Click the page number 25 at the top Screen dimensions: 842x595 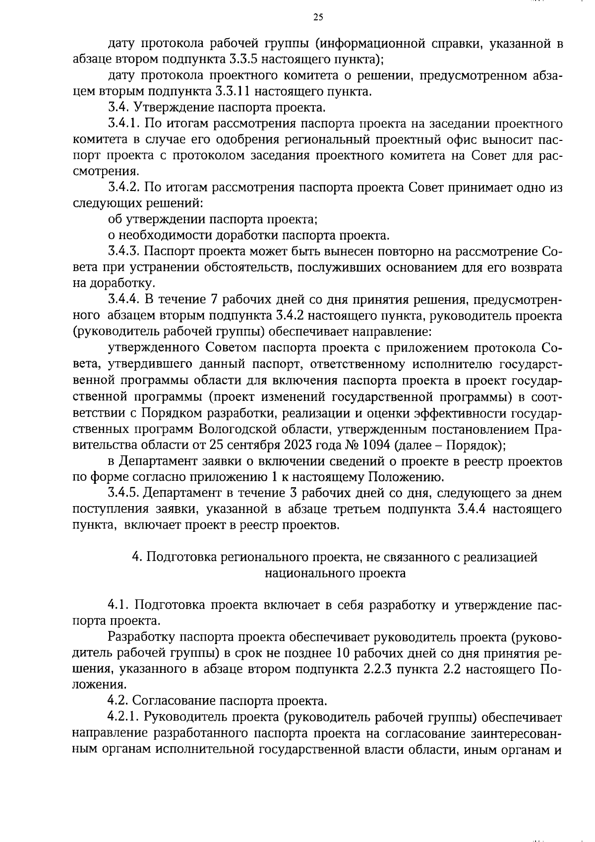tap(318, 17)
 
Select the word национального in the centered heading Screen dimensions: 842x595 tap(304, 573)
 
